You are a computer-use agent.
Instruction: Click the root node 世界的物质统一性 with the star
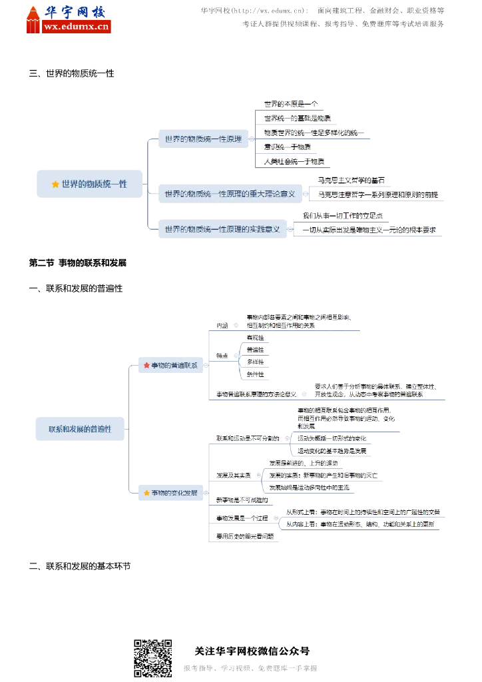tap(90, 184)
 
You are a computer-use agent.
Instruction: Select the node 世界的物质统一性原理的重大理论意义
tap(230, 194)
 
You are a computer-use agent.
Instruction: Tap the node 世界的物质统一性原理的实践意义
tap(222, 230)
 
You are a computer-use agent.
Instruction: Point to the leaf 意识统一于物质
tap(287, 147)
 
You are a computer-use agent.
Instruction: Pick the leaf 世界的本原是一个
tap(290, 104)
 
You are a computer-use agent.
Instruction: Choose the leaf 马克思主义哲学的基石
tap(351, 180)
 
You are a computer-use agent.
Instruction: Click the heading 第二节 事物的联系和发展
tap(78, 263)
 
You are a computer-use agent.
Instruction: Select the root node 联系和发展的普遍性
tap(80, 429)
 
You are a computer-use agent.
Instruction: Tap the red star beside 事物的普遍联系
tap(146, 365)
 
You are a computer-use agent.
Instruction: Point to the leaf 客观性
tap(255, 338)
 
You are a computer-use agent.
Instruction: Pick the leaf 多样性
tap(255, 362)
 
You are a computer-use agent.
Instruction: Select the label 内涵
tap(222, 326)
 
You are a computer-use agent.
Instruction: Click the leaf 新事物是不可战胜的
tap(242, 500)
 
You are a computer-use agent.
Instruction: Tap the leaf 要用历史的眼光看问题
tap(244, 535)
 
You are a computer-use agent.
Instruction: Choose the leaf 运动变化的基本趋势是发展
tap(332, 451)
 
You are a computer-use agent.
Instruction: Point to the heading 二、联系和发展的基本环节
tap(80, 566)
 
